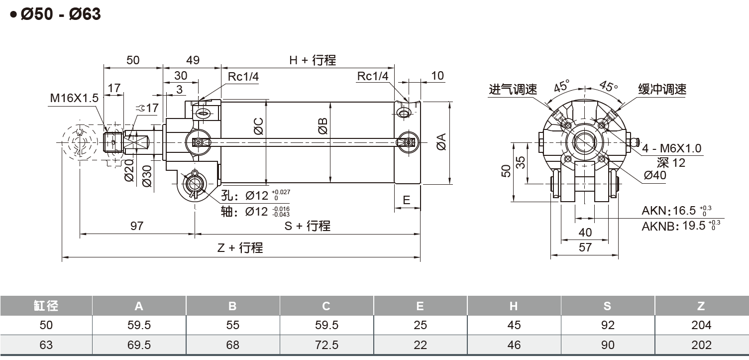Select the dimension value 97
[136, 226]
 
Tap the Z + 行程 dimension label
[240, 247]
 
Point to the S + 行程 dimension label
[307, 226]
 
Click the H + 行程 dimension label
[313, 60]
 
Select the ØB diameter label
[323, 126]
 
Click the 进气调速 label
[513, 90]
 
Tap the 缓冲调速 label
[662, 89]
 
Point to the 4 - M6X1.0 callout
[671, 148]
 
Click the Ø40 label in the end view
[654, 175]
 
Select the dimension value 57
[585, 247]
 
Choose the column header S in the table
[607, 306]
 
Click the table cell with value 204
[701, 325]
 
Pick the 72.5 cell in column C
[326, 345]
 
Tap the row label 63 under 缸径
[46, 345]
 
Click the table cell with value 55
[232, 325]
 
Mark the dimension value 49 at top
[193, 60]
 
